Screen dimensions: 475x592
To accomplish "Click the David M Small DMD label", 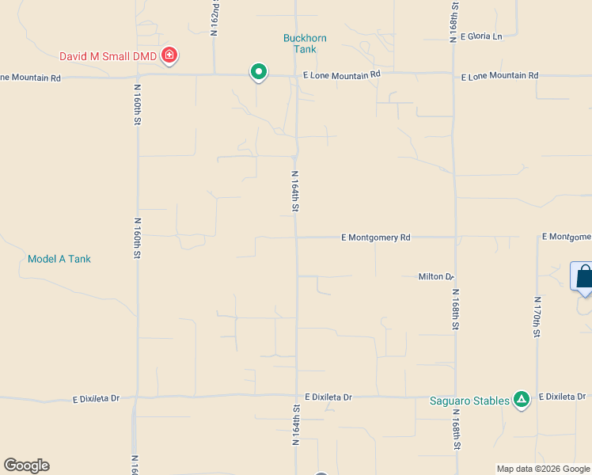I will coord(108,56).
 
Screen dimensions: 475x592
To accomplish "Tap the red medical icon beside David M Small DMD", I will coord(169,55).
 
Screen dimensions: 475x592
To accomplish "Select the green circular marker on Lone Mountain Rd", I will coord(258,72).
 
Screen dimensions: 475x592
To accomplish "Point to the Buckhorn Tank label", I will coord(305,44).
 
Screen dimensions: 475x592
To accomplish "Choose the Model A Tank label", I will coord(59,259).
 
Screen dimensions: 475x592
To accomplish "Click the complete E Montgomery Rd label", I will coord(376,237).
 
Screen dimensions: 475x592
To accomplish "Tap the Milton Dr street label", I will coord(436,276).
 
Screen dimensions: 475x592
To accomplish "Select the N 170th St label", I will coord(537,317).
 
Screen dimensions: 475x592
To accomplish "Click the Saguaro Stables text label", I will coord(469,401).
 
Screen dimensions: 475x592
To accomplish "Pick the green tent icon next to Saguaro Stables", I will coord(521,400).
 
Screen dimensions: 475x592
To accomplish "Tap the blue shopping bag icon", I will coord(584,276).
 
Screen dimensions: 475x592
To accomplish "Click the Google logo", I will coord(26,465).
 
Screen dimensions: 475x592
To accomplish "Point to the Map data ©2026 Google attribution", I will coord(543,469).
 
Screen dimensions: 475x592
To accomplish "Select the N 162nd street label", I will coord(214,17).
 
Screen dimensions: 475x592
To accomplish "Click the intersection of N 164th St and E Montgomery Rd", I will coord(297,237).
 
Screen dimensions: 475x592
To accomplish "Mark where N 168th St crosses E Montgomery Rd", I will coord(455,237).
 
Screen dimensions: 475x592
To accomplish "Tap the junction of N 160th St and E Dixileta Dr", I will coord(136,397).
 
